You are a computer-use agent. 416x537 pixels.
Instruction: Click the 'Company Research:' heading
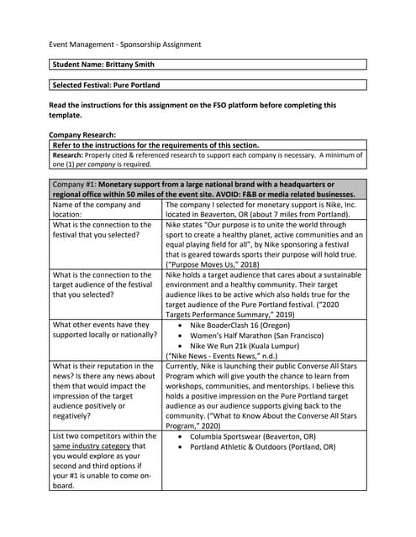(x=82, y=134)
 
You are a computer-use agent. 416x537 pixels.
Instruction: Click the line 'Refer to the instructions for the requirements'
(x=155, y=145)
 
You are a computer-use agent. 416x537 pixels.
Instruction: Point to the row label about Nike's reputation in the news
(x=103, y=391)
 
